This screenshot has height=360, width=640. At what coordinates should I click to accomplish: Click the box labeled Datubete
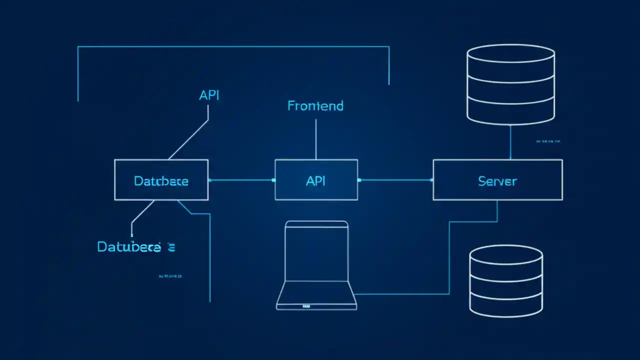click(161, 180)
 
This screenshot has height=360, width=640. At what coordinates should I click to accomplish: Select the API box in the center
click(316, 180)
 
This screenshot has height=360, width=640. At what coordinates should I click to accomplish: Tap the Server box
click(497, 180)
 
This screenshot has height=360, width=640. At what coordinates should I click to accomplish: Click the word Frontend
click(315, 106)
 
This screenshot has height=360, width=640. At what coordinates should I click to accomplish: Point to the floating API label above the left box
click(209, 95)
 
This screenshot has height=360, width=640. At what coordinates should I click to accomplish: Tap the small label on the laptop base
click(306, 305)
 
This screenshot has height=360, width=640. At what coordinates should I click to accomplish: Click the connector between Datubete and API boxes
click(241, 180)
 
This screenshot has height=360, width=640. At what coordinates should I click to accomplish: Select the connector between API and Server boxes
click(395, 180)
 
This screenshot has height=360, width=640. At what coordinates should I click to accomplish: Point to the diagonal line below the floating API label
click(189, 139)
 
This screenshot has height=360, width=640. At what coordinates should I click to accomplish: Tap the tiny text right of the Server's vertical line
click(548, 141)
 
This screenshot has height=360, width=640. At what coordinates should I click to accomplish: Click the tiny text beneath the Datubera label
click(170, 275)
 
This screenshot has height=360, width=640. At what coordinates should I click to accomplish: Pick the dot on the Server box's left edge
click(433, 180)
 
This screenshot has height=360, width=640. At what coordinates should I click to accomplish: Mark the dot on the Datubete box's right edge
click(209, 180)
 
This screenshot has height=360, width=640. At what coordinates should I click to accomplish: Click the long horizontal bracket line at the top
click(233, 46)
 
